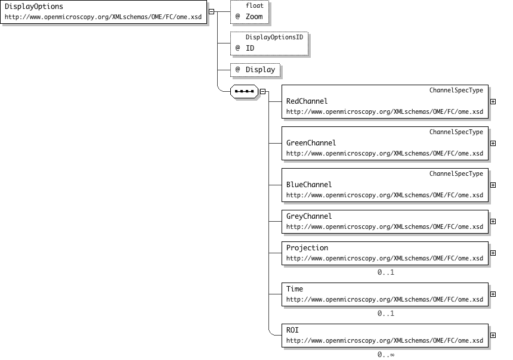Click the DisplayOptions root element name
tap(34, 7)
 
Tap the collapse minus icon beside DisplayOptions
tap(211, 12)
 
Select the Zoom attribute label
tap(254, 17)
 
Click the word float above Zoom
tap(255, 5)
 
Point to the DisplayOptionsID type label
tap(274, 38)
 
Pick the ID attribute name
tap(250, 48)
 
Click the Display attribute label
tap(261, 70)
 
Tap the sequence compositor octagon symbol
tap(244, 92)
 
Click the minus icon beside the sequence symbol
tap(262, 92)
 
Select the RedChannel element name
tap(307, 101)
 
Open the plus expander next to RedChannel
tap(493, 102)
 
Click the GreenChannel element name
tap(311, 143)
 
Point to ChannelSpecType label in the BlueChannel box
tap(456, 173)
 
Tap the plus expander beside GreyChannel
tap(493, 221)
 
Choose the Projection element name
tap(307, 248)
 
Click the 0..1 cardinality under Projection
tap(386, 272)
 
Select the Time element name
tap(295, 289)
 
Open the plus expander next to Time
tap(493, 294)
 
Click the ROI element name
tap(292, 330)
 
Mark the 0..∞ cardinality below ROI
tap(386, 355)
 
